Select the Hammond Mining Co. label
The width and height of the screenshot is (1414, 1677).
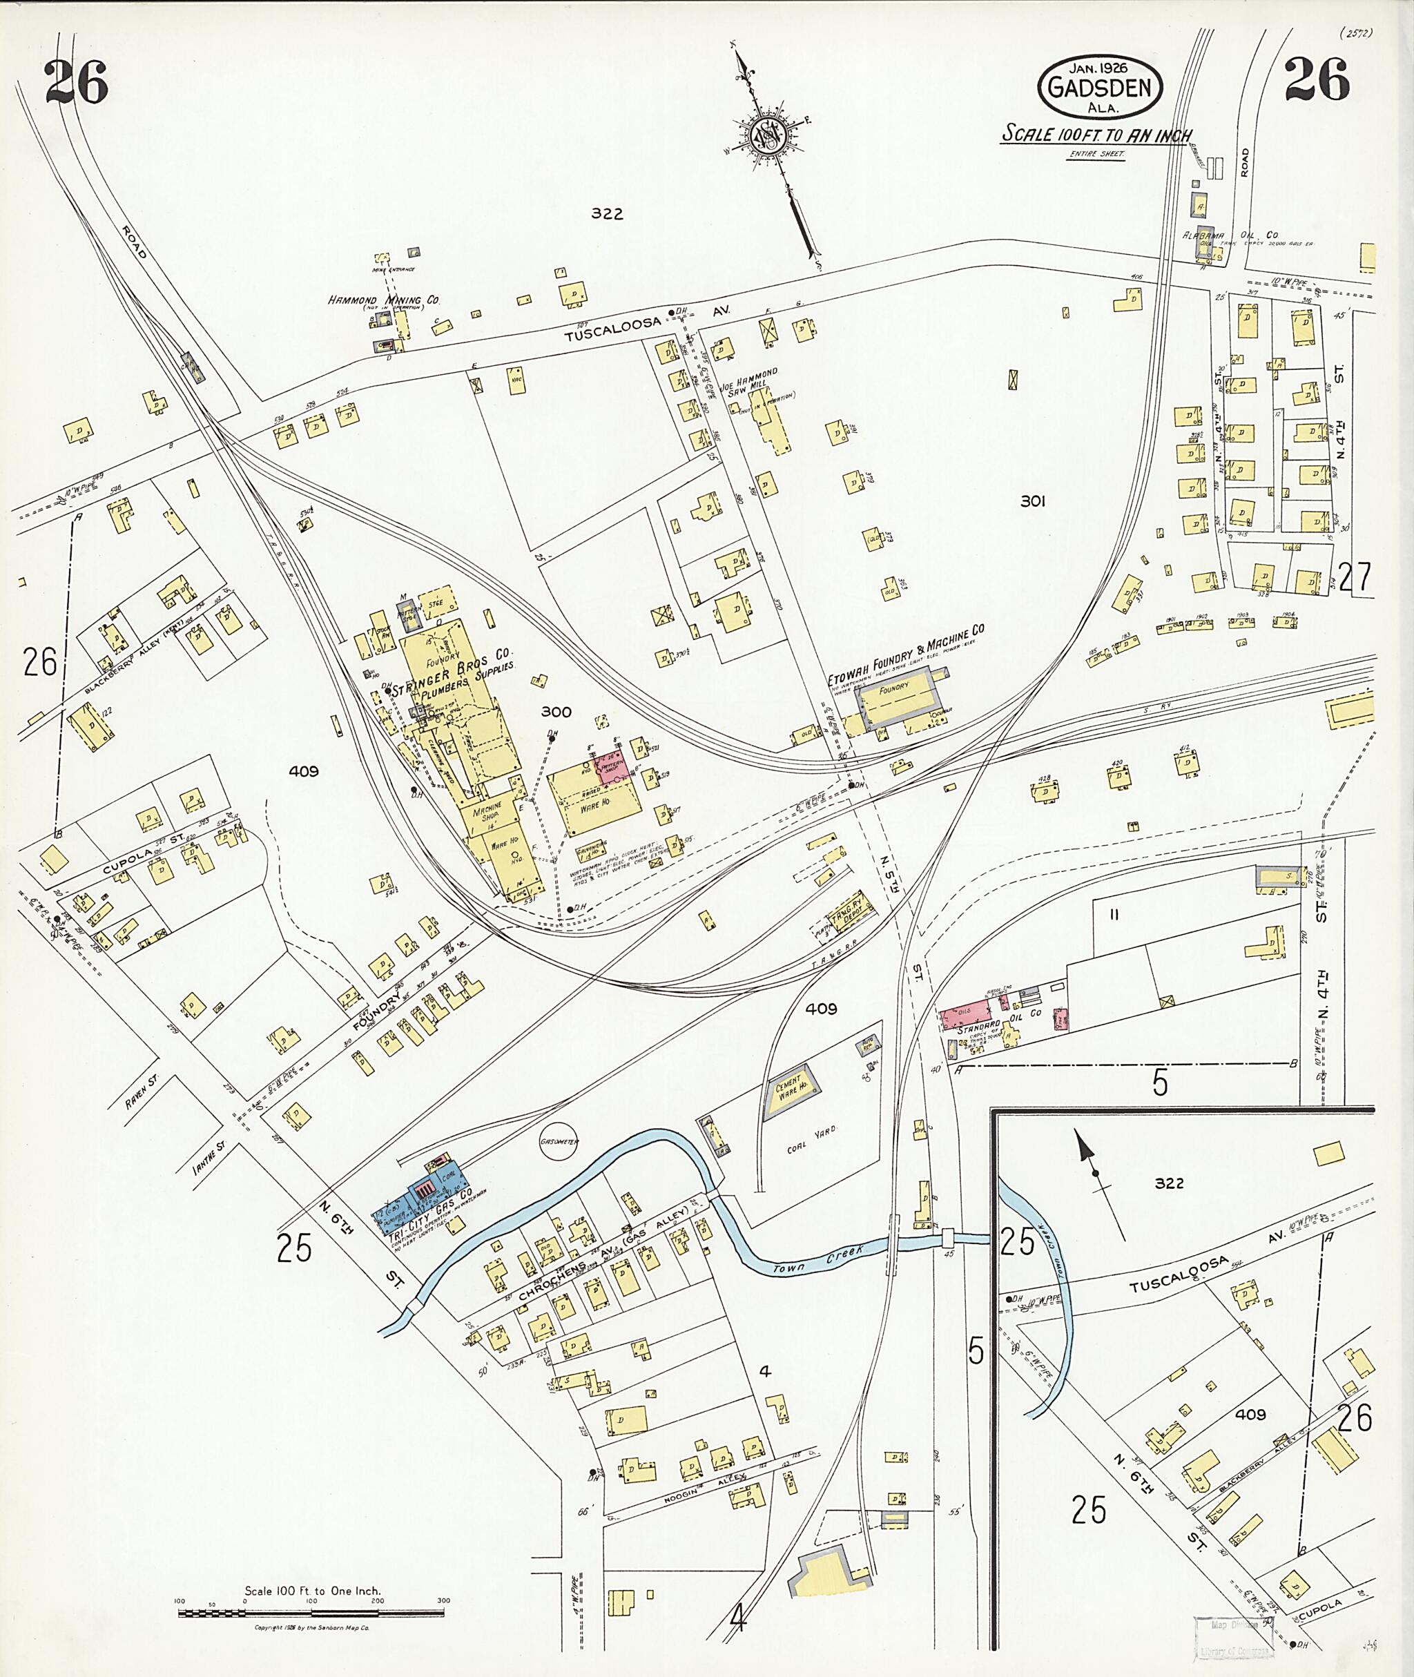384,300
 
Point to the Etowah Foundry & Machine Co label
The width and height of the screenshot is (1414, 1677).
905,655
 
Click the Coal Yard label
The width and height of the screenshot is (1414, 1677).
811,1138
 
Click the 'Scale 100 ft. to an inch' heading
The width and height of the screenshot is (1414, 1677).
1096,135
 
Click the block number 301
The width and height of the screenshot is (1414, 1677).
1034,501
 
